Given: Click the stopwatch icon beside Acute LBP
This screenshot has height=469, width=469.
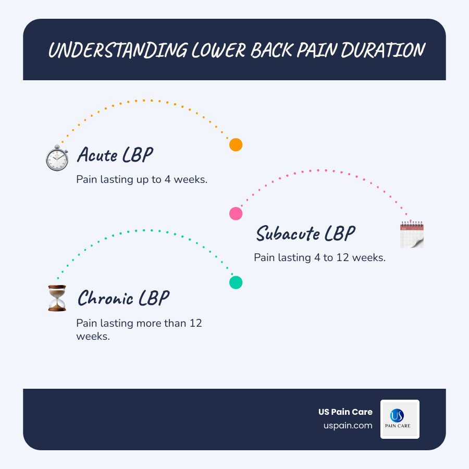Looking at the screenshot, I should [x=57, y=158].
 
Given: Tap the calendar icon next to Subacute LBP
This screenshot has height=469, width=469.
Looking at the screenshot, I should [x=412, y=234].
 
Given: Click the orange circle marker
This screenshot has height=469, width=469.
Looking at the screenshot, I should [x=236, y=145].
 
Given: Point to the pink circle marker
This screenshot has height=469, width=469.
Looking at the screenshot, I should [x=236, y=213].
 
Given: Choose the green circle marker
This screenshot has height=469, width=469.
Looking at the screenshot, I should [x=236, y=282].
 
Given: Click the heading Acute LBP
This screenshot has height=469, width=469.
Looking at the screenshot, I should [x=115, y=155].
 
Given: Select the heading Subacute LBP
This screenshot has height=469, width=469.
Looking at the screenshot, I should [x=305, y=233].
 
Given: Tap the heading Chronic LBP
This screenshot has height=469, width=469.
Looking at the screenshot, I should [x=124, y=299].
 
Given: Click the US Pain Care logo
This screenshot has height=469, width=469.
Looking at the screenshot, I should [x=400, y=419].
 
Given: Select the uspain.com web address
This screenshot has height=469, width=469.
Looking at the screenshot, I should [x=348, y=426].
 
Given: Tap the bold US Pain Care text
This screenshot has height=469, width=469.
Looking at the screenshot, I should [x=345, y=412].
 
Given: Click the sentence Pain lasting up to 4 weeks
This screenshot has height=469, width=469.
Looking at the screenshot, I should [x=142, y=179].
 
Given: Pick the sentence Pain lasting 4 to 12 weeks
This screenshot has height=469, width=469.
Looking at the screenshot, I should [x=319, y=257].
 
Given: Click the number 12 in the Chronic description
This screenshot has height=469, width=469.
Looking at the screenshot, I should [x=195, y=323].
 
